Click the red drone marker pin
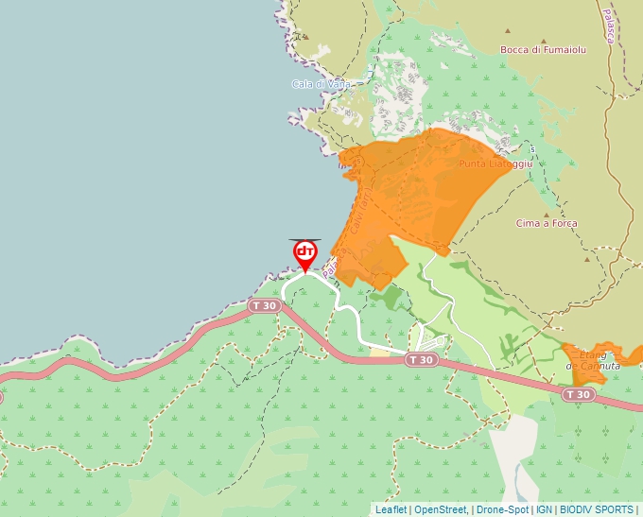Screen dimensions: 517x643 (x=305, y=253)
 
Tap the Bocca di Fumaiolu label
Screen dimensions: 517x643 (x=544, y=50)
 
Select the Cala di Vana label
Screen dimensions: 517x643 (x=321, y=84)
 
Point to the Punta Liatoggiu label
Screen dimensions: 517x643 (x=496, y=164)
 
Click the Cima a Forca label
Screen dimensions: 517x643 (x=547, y=224)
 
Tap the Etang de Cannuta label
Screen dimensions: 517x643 (x=593, y=360)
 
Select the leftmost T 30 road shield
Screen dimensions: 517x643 (x=265, y=306)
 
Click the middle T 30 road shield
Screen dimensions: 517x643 (x=421, y=360)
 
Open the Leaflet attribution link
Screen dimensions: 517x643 (x=391, y=509)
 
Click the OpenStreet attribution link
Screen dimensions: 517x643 (x=441, y=509)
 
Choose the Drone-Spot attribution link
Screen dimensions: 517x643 (x=502, y=509)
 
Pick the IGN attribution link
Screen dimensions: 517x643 (x=544, y=509)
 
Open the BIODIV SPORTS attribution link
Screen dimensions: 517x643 (x=597, y=509)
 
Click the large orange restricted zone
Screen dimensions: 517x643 (x=416, y=189)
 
